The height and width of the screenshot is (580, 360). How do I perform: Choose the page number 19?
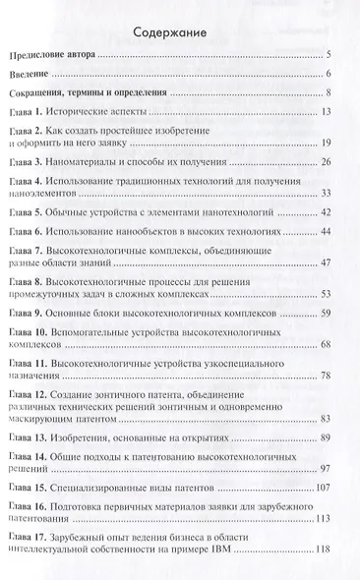pyautogui.click(x=334, y=145)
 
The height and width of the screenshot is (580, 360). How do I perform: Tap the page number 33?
pyautogui.click(x=334, y=194)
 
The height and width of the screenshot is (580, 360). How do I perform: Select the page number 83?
pyautogui.click(x=334, y=420)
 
